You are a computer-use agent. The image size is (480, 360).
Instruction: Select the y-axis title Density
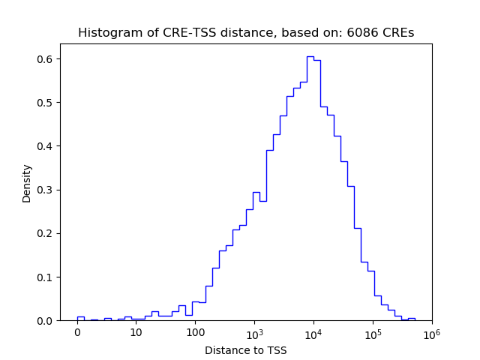click(x=27, y=183)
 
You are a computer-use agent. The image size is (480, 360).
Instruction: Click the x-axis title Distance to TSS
click(x=246, y=349)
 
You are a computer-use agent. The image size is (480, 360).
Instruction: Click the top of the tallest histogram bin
click(x=310, y=56)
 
